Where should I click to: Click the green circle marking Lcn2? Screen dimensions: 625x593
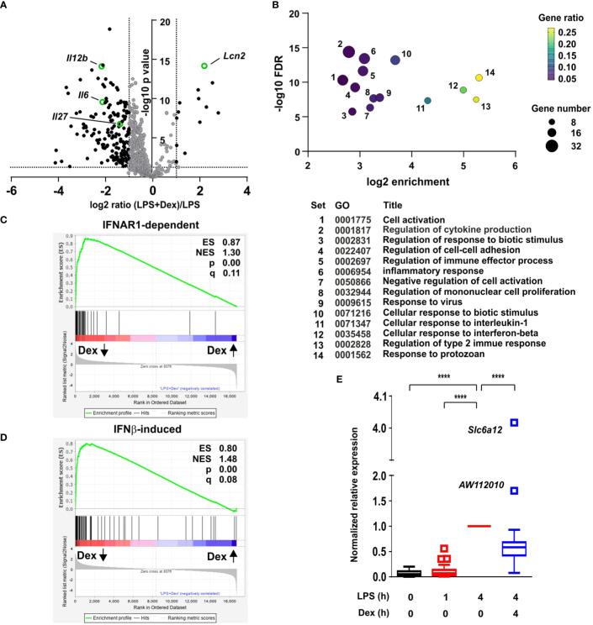click(x=204, y=66)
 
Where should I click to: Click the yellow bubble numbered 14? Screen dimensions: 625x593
click(x=479, y=78)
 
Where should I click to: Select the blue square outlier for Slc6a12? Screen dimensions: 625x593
click(x=514, y=423)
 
